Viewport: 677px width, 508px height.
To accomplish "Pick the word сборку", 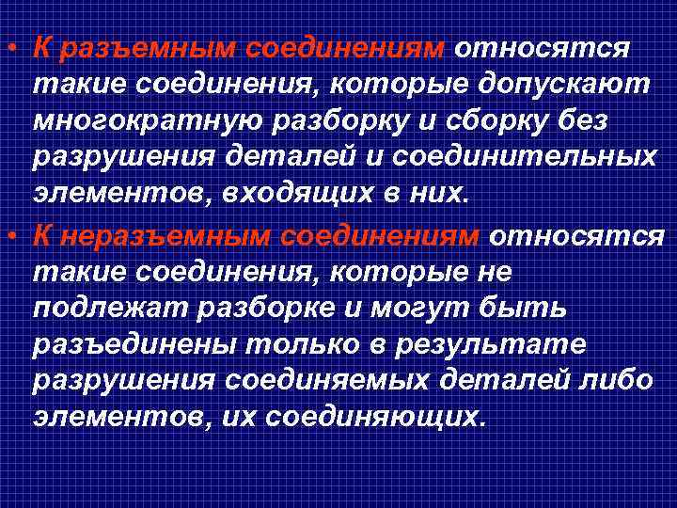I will click(473, 122).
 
